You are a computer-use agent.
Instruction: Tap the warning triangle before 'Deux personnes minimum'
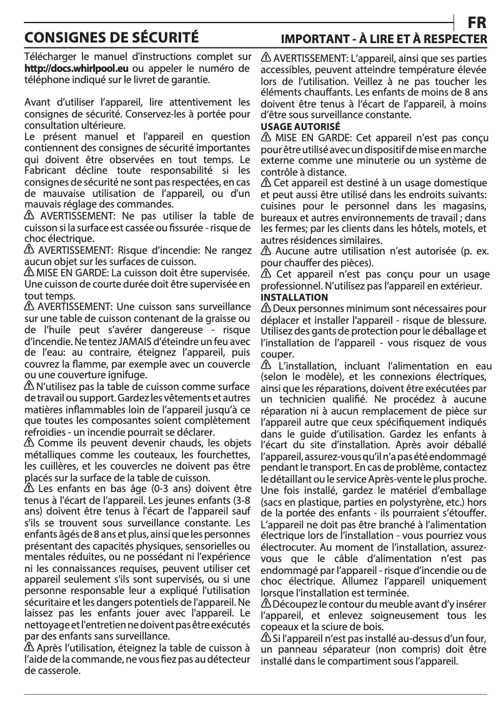click(x=265, y=308)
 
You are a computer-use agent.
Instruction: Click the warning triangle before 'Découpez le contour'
click(x=265, y=603)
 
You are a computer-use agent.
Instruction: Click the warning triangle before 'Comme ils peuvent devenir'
click(x=29, y=443)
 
